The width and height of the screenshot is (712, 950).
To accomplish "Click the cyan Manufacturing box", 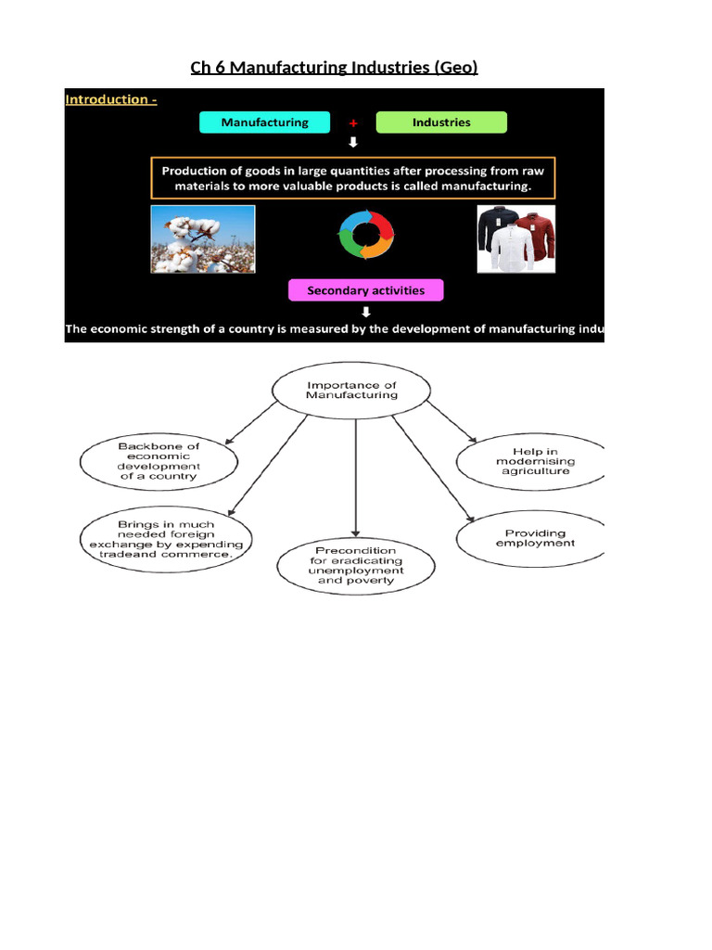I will [x=265, y=122].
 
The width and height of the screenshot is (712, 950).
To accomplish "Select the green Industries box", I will [x=441, y=122].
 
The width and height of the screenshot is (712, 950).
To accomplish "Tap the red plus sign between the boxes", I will [x=353, y=123].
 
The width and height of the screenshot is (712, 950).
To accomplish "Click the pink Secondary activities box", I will [x=365, y=290].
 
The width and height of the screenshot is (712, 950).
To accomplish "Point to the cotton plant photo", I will [x=203, y=239].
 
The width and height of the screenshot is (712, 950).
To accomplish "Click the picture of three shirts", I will [x=516, y=239].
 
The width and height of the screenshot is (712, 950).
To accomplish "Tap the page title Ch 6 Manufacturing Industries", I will [x=334, y=67].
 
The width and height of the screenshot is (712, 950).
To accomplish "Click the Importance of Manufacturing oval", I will [x=351, y=389].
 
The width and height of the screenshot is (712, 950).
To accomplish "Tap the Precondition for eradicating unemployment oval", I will [x=356, y=566].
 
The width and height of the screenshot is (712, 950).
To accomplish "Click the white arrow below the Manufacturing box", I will [x=353, y=143].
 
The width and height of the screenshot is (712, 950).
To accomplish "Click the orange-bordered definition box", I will [x=353, y=178].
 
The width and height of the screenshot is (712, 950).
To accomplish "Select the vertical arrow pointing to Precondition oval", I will [x=356, y=482].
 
